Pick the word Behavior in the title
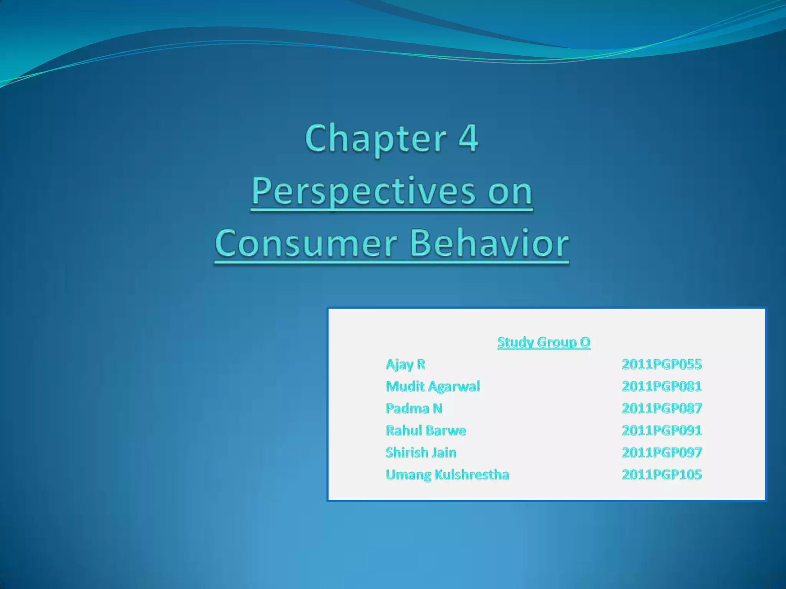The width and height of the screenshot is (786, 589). pos(489,243)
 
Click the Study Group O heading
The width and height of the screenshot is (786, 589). pos(543,342)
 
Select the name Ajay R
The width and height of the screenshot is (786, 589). pos(405,364)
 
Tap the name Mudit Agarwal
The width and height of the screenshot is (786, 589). pos(433,387)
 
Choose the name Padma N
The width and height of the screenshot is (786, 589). pos(414,408)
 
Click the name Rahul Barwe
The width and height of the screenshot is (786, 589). pos(426,431)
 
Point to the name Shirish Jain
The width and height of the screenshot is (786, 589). pos(421,452)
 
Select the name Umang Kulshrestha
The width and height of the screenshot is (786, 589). pos(447,475)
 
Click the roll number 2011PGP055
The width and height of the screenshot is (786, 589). pos(662,364)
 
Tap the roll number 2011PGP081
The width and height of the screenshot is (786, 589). pos(662,387)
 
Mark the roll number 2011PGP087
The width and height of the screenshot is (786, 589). pos(662,408)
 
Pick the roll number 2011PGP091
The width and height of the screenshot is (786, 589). pos(662,431)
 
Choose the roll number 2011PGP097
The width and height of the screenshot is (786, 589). pos(662,452)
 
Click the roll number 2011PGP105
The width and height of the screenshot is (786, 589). pos(662,475)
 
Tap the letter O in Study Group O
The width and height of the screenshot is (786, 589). pos(585,342)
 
